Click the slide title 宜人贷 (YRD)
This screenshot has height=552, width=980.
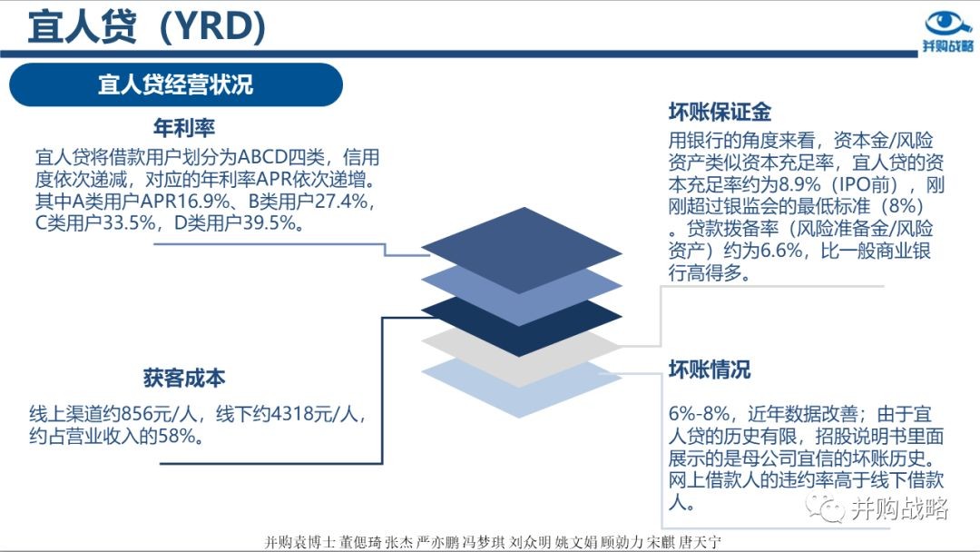pos(147,26)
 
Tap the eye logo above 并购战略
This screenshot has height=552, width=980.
pos(947,23)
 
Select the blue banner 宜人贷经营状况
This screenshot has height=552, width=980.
pos(176,84)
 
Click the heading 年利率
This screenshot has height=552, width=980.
pos(184,128)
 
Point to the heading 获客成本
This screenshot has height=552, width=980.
pos(184,379)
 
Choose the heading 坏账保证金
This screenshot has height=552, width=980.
pos(720,112)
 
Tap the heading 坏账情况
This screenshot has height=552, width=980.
pos(710,370)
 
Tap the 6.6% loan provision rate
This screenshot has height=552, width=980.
pos(781,251)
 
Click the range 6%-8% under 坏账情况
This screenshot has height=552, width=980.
pos(699,414)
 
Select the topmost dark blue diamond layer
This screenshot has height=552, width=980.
pos(522,250)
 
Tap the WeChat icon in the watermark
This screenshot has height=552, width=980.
pos(824,507)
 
